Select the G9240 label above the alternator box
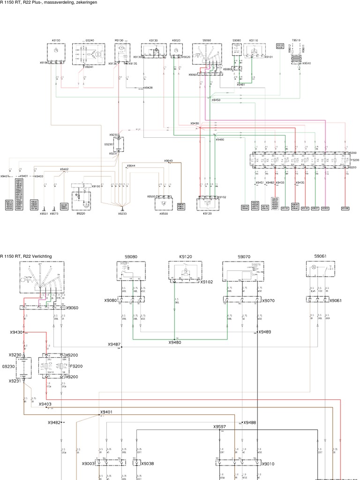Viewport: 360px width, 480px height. (90, 41)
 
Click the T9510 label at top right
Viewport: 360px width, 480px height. (296, 41)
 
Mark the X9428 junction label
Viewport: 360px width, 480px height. (148, 88)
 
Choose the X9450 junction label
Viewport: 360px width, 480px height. (216, 100)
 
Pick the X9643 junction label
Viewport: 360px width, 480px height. (168, 161)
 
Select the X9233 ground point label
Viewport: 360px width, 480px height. (122, 213)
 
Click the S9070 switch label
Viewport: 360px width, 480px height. (244, 257)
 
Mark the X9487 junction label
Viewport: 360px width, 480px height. (114, 344)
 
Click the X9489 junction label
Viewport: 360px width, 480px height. (265, 332)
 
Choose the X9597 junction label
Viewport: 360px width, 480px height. (220, 427)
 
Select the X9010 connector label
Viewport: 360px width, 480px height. (268, 463)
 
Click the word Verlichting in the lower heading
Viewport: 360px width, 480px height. (40, 256)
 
